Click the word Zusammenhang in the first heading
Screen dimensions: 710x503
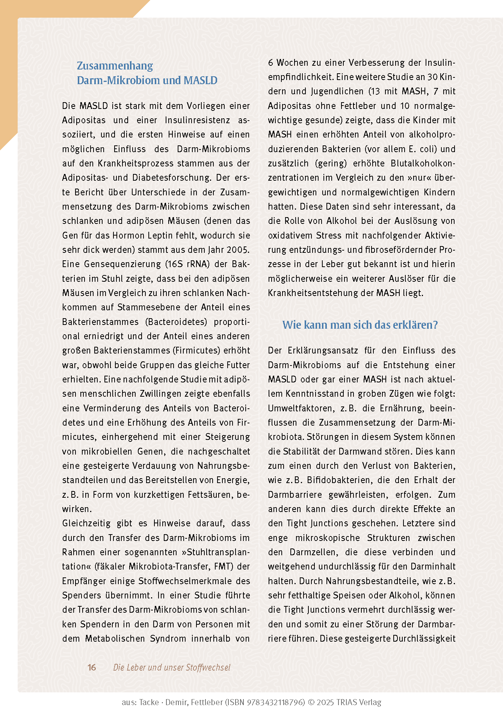[115, 66]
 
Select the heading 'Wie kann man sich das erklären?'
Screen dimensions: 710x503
[360, 325]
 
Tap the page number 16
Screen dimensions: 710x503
[92, 667]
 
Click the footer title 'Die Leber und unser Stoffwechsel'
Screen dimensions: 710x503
[172, 667]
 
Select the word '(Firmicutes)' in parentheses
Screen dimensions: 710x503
[196, 350]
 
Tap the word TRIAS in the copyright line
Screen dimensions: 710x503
[348, 702]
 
